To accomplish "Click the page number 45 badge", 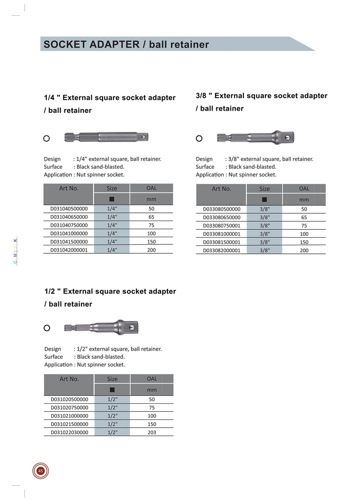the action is (x=40, y=471).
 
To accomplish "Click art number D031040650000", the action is (x=69, y=217).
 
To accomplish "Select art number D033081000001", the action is (x=221, y=234).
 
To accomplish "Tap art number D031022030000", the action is (x=69, y=432).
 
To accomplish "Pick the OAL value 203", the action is (x=152, y=432).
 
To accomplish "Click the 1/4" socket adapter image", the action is (x=106, y=137).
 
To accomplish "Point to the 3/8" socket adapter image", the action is (x=256, y=137).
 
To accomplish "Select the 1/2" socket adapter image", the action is (x=101, y=327).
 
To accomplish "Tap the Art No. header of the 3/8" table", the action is (x=221, y=189).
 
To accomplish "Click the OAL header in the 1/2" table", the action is (x=152, y=378).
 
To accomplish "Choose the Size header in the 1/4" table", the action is (x=112, y=188).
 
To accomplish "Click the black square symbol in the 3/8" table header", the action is (x=264, y=200).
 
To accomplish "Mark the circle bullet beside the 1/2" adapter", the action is (x=47, y=328).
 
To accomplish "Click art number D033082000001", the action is (x=221, y=250).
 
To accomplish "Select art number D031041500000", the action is (x=69, y=242).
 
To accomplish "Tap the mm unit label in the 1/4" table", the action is (x=152, y=199).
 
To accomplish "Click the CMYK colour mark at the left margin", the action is (x=15, y=251).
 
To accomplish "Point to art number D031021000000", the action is (x=69, y=416).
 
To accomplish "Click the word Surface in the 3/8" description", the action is (x=205, y=167).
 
